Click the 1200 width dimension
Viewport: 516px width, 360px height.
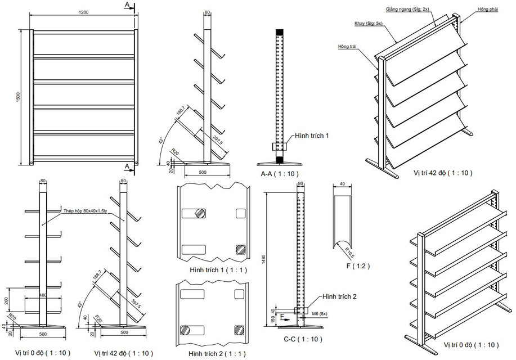point(83,12)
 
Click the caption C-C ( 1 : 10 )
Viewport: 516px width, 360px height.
point(303,339)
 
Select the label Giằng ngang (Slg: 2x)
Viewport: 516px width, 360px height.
point(407,10)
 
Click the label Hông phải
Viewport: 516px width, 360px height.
point(487,10)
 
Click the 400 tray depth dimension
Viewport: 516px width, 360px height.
point(42,295)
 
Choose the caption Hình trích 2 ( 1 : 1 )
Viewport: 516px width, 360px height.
point(214,352)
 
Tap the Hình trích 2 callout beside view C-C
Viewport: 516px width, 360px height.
point(338,296)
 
